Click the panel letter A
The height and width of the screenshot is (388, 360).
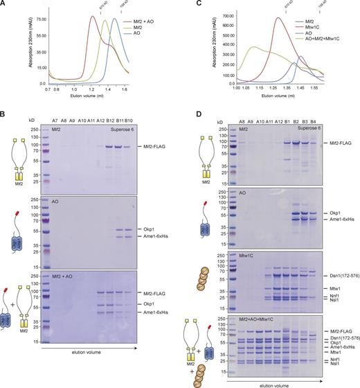tap(5, 4)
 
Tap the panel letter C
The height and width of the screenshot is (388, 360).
tap(186, 4)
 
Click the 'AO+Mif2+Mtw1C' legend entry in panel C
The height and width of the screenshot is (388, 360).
tap(339, 36)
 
